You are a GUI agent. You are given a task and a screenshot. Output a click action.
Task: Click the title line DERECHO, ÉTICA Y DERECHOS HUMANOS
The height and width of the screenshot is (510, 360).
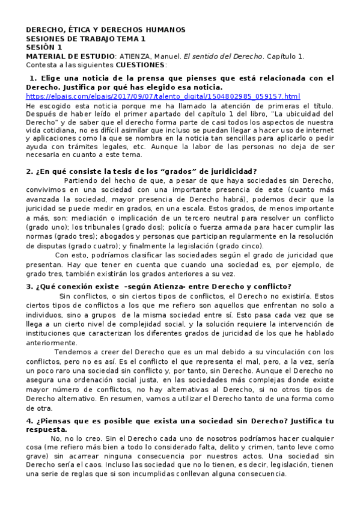click(x=106, y=29)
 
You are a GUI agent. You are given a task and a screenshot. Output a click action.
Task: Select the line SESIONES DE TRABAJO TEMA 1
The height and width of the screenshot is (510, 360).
click(x=86, y=38)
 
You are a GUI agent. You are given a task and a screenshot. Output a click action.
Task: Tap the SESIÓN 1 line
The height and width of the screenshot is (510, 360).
click(x=44, y=47)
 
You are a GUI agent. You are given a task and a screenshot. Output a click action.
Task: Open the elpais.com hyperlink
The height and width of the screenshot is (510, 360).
click(x=163, y=96)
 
